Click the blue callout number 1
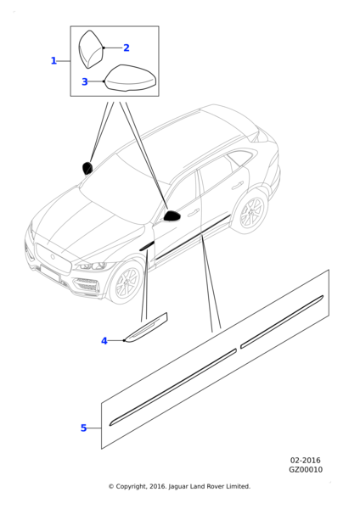pyautogui.click(x=53, y=61)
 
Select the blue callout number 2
pyautogui.click(x=127, y=48)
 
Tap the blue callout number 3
pyautogui.click(x=84, y=81)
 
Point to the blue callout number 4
pyautogui.click(x=104, y=341)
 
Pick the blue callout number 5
pyautogui.click(x=83, y=428)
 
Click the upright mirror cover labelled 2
pyautogui.click(x=91, y=49)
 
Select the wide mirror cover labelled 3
pyautogui.click(x=131, y=78)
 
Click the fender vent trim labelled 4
pyautogui.click(x=146, y=327)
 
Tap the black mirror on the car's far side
pyautogui.click(x=87, y=168)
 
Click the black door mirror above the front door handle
pyautogui.click(x=172, y=215)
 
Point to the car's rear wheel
pyautogui.click(x=251, y=212)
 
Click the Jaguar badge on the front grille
pyautogui.click(x=53, y=256)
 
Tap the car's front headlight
pyautogui.click(x=92, y=266)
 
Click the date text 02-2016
pyautogui.click(x=305, y=461)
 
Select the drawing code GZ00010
pyautogui.click(x=306, y=470)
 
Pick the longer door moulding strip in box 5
pyautogui.click(x=173, y=387)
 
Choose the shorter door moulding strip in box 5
pyautogui.click(x=282, y=322)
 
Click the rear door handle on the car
pyautogui.click(x=238, y=186)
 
